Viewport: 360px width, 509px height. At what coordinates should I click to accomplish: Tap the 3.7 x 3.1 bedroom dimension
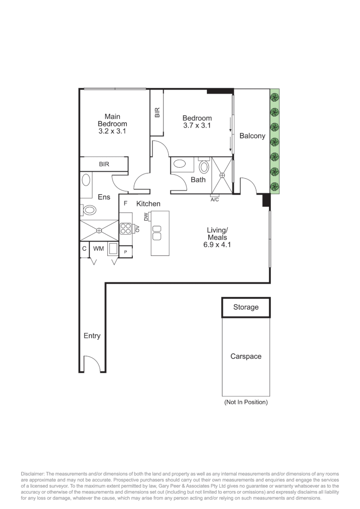[x=197, y=125]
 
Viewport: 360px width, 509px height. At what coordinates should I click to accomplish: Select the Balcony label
[x=252, y=136]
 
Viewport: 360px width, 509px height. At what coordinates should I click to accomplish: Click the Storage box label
[x=246, y=307]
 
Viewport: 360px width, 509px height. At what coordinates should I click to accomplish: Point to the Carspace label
[x=245, y=356]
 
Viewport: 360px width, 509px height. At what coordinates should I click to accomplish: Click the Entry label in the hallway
[x=92, y=336]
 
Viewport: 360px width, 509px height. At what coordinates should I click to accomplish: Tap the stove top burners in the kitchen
[x=126, y=229]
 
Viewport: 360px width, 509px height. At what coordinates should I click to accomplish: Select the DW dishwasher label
[x=146, y=216]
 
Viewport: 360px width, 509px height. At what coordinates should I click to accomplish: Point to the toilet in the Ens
[x=89, y=210]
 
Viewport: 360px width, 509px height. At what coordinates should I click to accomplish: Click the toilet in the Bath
[x=205, y=167]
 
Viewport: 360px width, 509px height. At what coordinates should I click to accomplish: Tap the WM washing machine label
[x=98, y=248]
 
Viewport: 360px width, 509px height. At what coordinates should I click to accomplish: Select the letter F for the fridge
[x=125, y=204]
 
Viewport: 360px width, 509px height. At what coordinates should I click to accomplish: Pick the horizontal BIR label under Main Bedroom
[x=104, y=164]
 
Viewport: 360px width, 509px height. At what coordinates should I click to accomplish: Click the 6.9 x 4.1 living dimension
[x=217, y=245]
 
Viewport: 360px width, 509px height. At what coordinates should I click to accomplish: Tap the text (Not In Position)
[x=246, y=402]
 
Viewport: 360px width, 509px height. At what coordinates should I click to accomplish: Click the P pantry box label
[x=126, y=253]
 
